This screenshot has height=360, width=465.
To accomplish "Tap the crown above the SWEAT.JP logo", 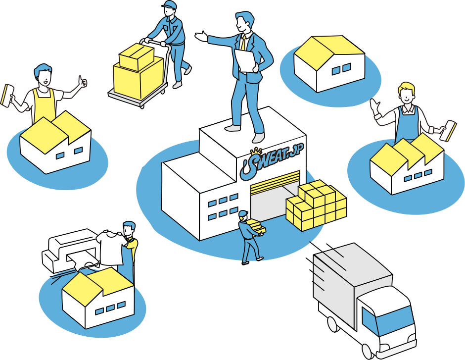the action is click(255, 152).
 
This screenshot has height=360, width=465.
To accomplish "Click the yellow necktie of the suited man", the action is click(243, 43).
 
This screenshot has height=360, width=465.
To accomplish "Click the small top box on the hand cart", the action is click(137, 56).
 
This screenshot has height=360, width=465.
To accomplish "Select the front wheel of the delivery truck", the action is click(368, 352).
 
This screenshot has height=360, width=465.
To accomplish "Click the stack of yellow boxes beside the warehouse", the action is click(316, 206).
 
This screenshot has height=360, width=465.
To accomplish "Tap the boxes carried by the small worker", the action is click(257, 226).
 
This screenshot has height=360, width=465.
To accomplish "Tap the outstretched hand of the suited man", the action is click(201, 36).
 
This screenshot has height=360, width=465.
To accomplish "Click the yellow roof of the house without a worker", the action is click(329, 51).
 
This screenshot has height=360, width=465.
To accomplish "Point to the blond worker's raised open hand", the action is click(375, 106).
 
